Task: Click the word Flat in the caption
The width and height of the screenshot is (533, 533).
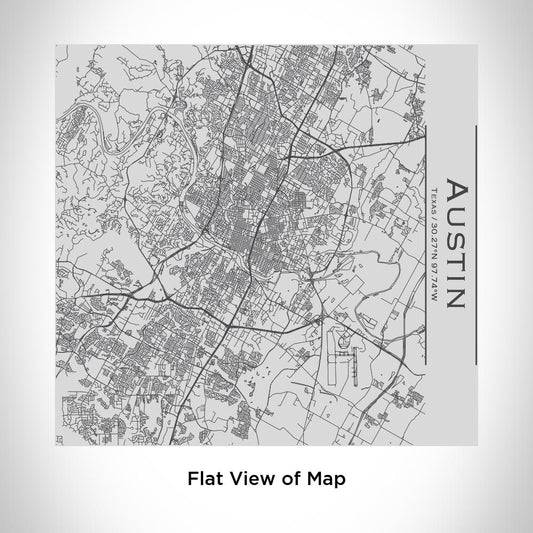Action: click(203, 479)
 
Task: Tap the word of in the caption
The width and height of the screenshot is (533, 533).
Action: click(289, 479)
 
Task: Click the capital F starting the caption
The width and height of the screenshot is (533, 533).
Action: click(192, 479)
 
